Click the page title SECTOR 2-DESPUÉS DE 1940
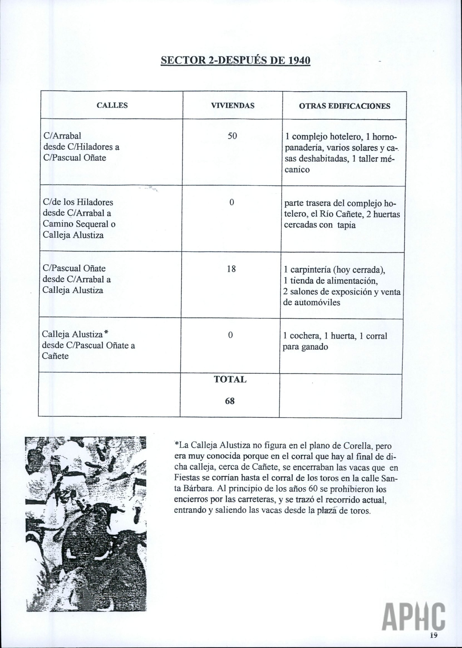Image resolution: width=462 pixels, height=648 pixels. tap(235, 61)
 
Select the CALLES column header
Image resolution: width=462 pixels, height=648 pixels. tap(112, 106)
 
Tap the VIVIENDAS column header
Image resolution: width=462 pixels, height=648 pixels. tap(232, 106)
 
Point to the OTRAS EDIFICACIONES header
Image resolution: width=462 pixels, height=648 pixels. tap(345, 106)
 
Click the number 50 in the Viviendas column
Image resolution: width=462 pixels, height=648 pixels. tap(232, 136)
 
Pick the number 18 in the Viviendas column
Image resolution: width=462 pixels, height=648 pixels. tap(231, 269)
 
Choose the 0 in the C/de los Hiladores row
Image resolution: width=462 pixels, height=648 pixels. tap(232, 202)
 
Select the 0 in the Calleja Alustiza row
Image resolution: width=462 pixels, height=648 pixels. tap(230, 336)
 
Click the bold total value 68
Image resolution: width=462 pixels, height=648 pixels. tap(230, 401)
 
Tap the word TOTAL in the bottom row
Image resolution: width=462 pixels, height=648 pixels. tap(230, 379)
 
